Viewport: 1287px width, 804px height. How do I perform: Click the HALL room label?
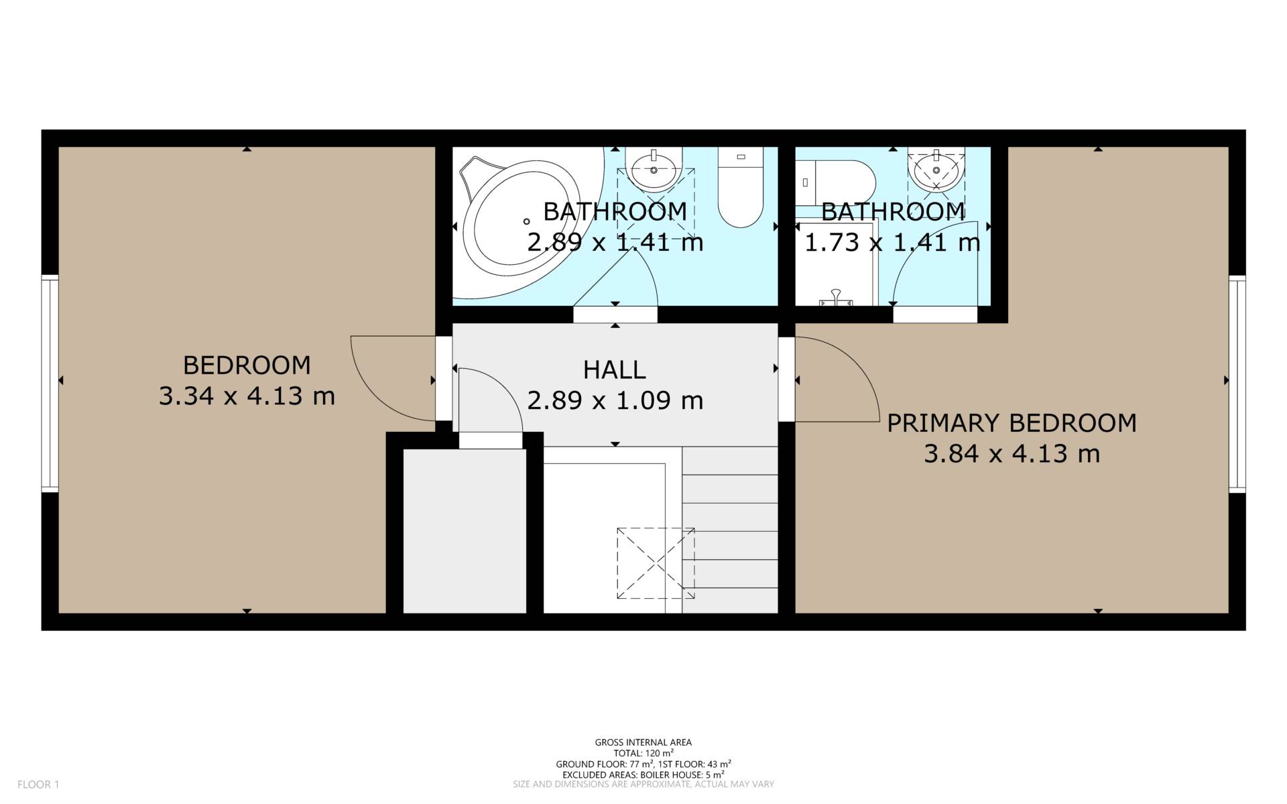(x=614, y=369)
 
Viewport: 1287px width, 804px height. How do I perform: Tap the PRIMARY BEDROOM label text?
(x=1012, y=423)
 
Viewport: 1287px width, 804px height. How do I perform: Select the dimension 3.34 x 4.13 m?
(x=247, y=396)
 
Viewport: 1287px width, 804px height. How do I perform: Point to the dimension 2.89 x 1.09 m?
(x=615, y=400)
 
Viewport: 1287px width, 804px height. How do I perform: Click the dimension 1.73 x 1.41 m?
(x=892, y=242)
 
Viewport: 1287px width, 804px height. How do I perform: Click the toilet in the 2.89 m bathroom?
(x=741, y=187)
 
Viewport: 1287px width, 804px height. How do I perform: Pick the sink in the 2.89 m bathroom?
(x=654, y=168)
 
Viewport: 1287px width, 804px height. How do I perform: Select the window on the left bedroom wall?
(x=50, y=384)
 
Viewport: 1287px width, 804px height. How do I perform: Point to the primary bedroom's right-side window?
(x=1237, y=384)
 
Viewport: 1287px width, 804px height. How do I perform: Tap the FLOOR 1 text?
(x=38, y=784)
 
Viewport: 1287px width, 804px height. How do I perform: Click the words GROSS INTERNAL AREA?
(x=643, y=742)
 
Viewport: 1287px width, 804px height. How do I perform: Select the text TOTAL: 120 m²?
(x=643, y=753)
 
